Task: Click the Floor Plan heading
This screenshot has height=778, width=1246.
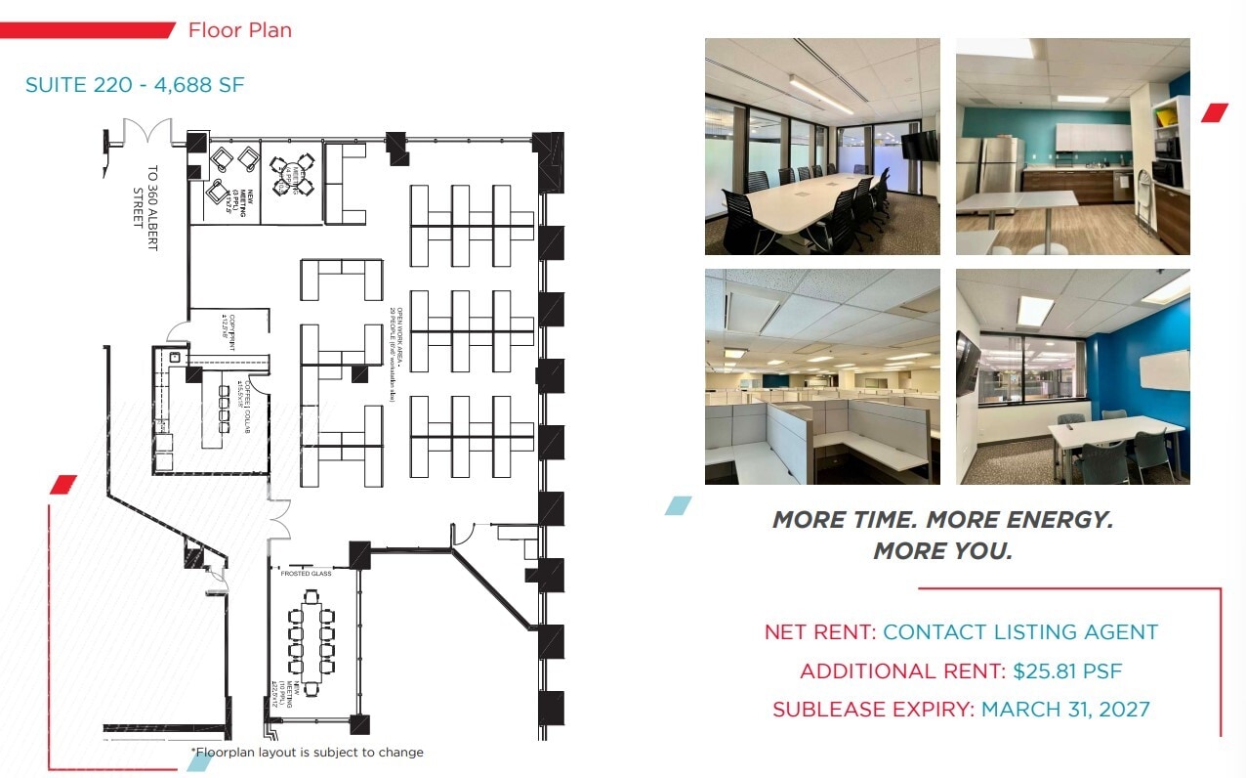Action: (239, 30)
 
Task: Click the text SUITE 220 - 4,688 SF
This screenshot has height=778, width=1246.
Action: (135, 85)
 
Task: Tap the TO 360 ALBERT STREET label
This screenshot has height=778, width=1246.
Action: (145, 208)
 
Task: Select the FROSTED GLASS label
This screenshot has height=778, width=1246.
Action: (306, 574)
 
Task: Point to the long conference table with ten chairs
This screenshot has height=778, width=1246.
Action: (311, 640)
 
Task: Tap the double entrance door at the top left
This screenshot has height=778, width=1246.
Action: (146, 134)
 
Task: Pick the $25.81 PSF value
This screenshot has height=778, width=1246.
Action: (1067, 671)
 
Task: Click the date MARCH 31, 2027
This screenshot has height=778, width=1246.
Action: (1065, 710)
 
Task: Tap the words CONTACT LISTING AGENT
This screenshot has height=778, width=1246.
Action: (1020, 632)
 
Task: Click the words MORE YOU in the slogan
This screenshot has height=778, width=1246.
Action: (942, 551)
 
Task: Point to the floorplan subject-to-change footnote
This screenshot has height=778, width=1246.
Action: (308, 753)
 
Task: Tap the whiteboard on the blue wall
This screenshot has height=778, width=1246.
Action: (1164, 370)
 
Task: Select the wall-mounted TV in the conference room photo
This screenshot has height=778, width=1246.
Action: (919, 146)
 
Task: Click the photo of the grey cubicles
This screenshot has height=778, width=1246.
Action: (822, 376)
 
